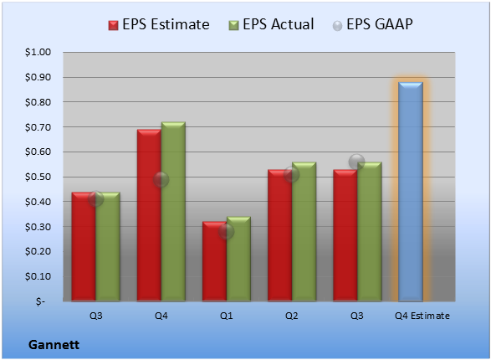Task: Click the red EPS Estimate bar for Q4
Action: tap(149, 215)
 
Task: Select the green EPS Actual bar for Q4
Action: tap(173, 212)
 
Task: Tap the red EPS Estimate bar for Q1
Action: tap(214, 261)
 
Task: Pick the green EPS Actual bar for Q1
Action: tap(238, 259)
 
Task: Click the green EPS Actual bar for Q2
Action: tap(304, 232)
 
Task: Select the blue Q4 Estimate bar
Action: tap(411, 192)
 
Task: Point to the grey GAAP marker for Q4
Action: tap(161, 179)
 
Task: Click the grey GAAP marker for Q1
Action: tap(226, 232)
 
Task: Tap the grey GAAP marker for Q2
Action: tap(292, 174)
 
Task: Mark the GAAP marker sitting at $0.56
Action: tap(356, 162)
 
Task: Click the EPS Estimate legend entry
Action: tap(159, 24)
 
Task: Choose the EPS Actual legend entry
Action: tap(271, 24)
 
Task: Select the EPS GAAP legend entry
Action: tap(372, 24)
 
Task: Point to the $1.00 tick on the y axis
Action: tap(38, 52)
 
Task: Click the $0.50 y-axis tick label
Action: tap(38, 177)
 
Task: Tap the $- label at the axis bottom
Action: tap(40, 301)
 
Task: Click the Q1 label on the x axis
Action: tap(226, 316)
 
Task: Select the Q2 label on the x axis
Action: tap(292, 316)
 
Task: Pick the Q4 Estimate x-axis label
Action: tap(422, 316)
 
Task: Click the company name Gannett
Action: tap(54, 345)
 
